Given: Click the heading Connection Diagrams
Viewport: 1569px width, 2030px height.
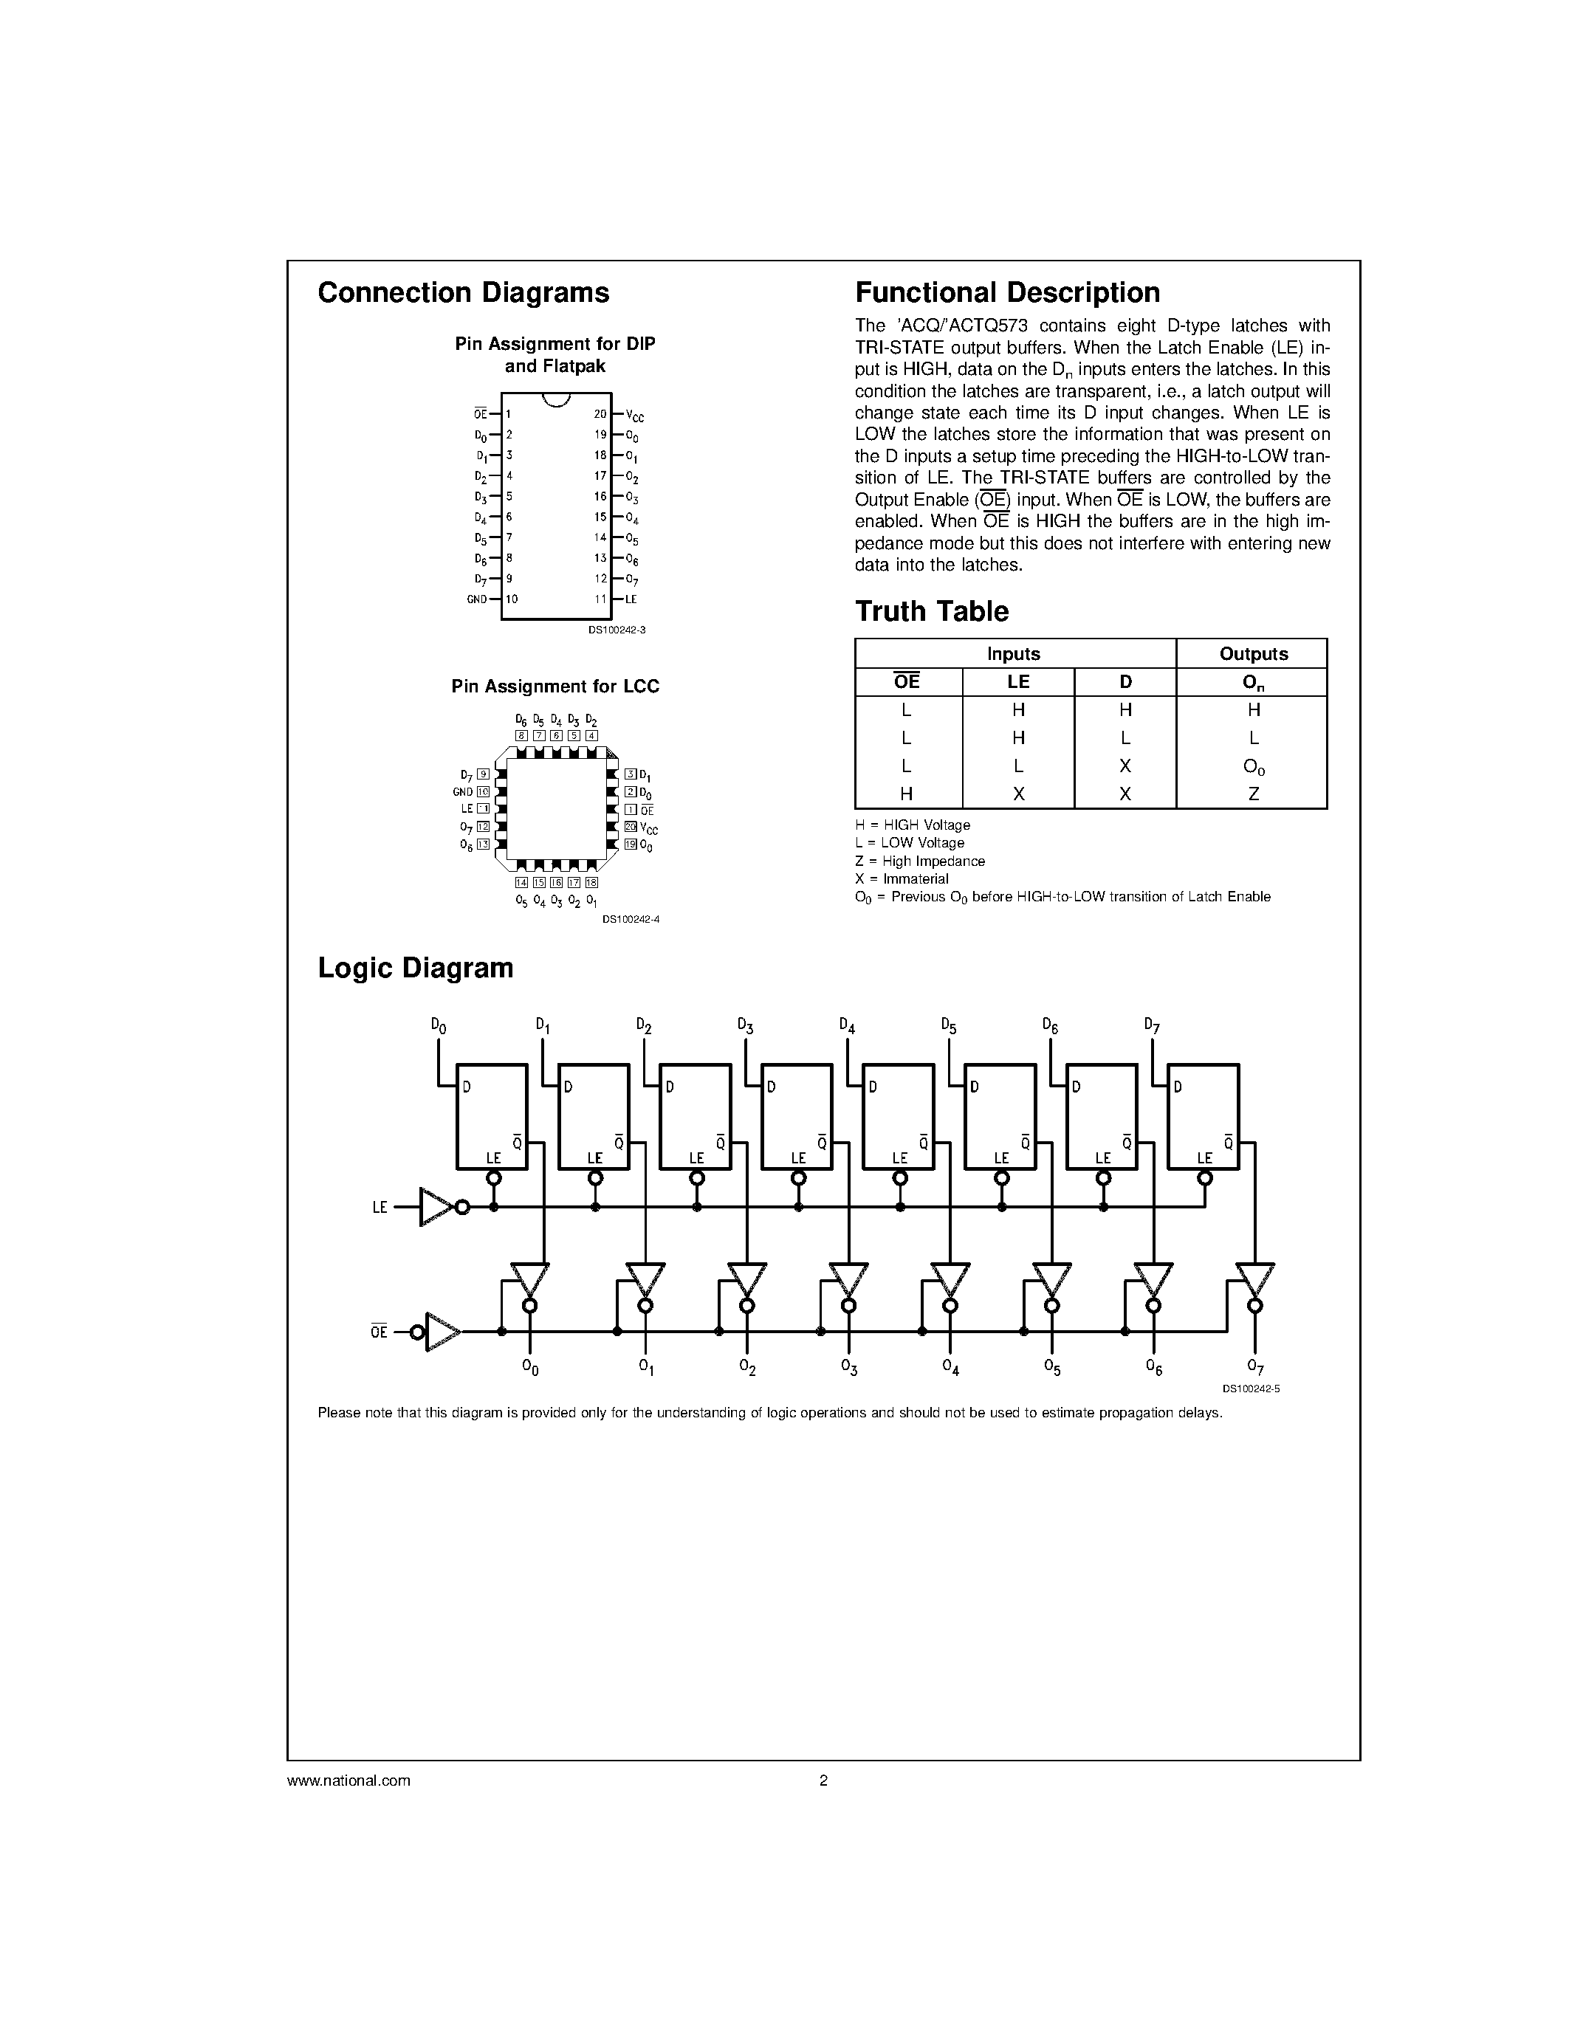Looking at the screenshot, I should (x=463, y=293).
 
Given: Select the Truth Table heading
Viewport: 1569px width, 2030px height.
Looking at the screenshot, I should (x=931, y=612).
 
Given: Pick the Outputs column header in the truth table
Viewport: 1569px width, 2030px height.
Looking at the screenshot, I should (x=1253, y=653).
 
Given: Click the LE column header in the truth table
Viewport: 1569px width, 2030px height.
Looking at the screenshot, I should (x=1017, y=681).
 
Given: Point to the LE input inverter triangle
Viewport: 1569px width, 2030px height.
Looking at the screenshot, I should (x=435, y=1208).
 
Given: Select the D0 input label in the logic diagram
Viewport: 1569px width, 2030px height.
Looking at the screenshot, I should (x=439, y=1025).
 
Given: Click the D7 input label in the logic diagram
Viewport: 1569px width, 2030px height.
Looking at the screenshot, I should (x=1152, y=1025).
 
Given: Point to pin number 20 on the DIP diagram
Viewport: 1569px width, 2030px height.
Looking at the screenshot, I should (x=600, y=413).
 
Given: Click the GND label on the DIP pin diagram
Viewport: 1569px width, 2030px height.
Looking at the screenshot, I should (x=477, y=599).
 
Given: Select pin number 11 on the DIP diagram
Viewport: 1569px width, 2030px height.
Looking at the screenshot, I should (x=600, y=599).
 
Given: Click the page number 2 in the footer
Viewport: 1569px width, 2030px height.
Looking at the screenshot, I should (x=823, y=1781).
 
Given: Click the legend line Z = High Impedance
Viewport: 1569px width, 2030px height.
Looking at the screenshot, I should (x=919, y=861).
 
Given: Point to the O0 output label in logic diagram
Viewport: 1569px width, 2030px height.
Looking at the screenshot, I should (x=530, y=1366).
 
